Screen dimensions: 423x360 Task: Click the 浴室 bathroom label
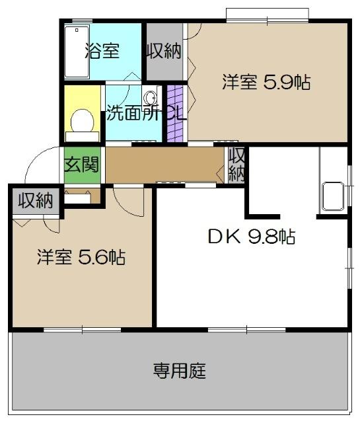click(x=102, y=50)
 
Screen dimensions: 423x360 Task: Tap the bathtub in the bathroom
click(x=78, y=52)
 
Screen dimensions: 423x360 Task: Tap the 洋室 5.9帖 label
click(x=266, y=82)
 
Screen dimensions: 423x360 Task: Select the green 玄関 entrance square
click(x=82, y=163)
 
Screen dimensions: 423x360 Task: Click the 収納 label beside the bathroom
click(x=164, y=51)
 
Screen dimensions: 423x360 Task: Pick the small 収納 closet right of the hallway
click(x=236, y=164)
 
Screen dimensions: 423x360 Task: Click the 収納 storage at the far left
click(x=35, y=200)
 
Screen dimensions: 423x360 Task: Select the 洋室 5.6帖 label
click(x=81, y=256)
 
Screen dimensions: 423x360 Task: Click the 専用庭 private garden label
click(x=179, y=371)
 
